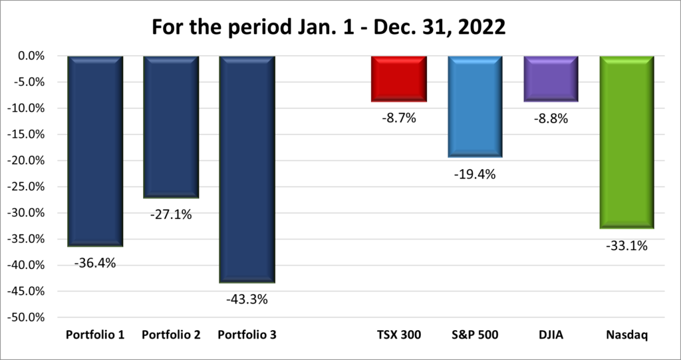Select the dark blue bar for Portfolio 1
click(95, 151)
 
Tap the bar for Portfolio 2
click(171, 126)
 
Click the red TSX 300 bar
click(399, 79)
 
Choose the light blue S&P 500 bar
click(475, 106)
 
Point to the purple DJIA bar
click(551, 79)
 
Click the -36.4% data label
click(95, 263)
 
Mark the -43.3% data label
click(247, 299)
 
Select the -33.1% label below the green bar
click(626, 246)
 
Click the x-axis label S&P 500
click(475, 335)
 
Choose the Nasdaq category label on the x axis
click(626, 335)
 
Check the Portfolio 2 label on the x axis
click(171, 335)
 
